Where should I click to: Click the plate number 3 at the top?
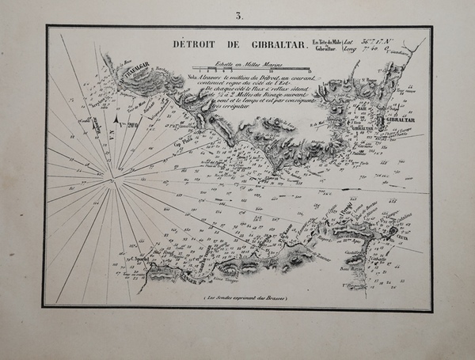tap(237, 15)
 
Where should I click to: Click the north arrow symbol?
tap(117, 120)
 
